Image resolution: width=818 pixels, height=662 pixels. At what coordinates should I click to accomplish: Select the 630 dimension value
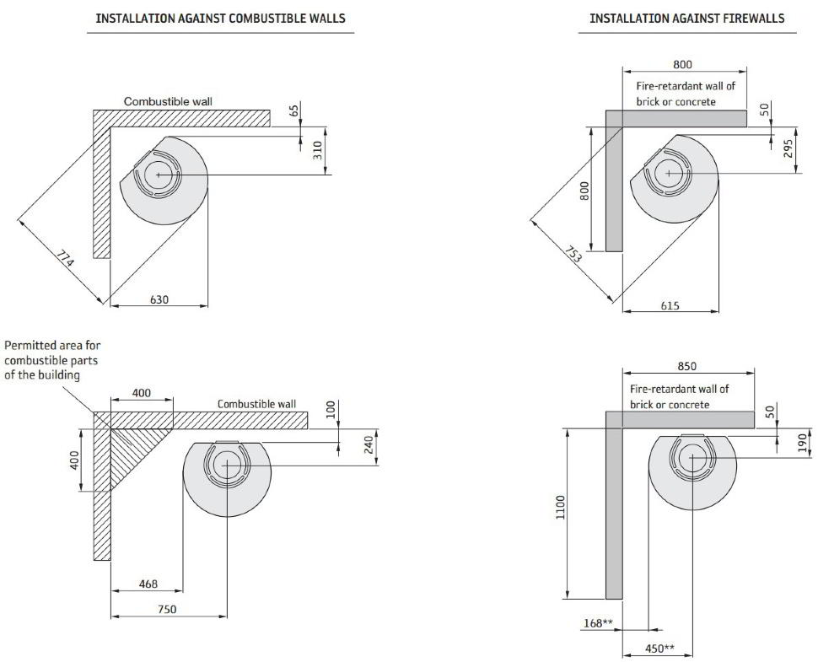pyautogui.click(x=159, y=299)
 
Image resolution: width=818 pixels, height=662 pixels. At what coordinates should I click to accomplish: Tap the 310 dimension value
pyautogui.click(x=318, y=151)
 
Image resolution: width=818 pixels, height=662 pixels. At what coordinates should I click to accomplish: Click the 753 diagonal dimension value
pyautogui.click(x=573, y=254)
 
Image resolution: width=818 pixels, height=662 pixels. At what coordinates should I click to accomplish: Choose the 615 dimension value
pyautogui.click(x=670, y=305)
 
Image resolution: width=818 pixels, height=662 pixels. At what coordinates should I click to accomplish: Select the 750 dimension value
pyautogui.click(x=167, y=609)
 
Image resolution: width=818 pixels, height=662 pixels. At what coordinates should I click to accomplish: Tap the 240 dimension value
pyautogui.click(x=368, y=444)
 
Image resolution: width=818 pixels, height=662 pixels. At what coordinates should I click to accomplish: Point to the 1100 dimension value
pyautogui.click(x=561, y=509)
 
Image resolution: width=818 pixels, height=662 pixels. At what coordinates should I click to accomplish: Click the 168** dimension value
pyautogui.click(x=597, y=623)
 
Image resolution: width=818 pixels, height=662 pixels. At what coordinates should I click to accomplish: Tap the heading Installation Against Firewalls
pyautogui.click(x=686, y=18)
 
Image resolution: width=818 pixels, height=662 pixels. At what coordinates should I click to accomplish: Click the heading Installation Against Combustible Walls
pyautogui.click(x=220, y=18)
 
